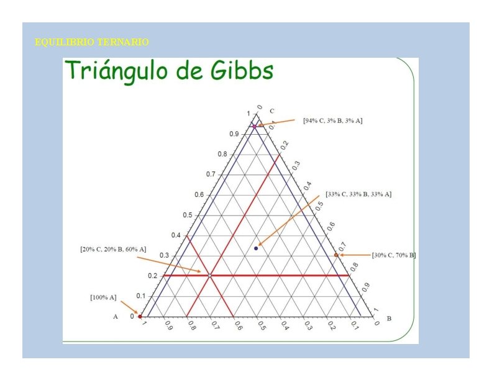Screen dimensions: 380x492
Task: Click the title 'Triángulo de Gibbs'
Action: pos(169,71)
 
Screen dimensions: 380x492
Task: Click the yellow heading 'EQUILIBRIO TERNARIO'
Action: pos(92,42)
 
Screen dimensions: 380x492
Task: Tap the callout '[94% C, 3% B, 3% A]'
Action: pos(332,120)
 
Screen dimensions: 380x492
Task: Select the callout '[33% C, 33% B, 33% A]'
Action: pos(358,194)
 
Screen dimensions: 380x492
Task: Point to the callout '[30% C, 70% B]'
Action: pos(394,255)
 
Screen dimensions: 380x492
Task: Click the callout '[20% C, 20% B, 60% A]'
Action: pos(113,249)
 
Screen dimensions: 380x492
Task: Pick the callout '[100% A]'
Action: pos(103,297)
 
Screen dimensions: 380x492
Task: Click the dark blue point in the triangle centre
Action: pos(256,248)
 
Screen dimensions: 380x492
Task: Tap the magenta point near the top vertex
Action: pos(254,126)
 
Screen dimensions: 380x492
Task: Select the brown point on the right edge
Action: pos(336,255)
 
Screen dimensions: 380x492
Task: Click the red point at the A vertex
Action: pos(140,317)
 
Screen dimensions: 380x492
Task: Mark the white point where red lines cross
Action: pos(210,275)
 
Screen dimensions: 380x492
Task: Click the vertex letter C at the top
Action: pos(272,111)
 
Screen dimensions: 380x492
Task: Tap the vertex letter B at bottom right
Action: pos(389,319)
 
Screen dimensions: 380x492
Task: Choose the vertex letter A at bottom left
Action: pos(116,317)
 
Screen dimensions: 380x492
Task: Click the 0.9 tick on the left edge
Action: pos(234,134)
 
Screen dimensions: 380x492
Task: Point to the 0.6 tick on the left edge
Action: pos(199,194)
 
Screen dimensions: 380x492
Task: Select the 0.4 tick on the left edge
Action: pos(176,235)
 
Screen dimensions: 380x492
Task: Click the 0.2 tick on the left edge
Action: pos(153,276)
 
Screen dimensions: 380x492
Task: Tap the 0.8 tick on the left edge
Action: pos(222,154)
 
